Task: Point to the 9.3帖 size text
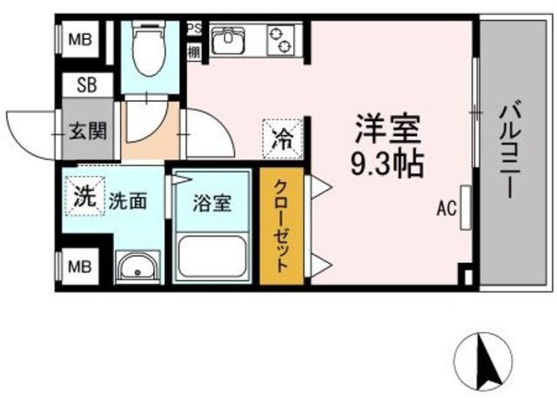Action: [x=386, y=163]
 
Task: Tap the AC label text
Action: [x=446, y=209]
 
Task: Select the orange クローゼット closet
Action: [x=282, y=226]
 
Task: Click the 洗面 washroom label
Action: [x=127, y=200]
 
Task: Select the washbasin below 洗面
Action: [x=136, y=266]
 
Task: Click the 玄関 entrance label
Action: [x=87, y=132]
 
